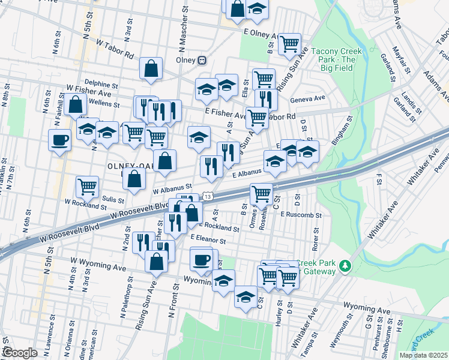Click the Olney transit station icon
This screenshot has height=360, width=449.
coord(202,60)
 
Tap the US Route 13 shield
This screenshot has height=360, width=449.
coord(207,196)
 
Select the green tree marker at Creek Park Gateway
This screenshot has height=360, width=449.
coord(345,265)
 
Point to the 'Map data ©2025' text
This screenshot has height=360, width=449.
coord(423,355)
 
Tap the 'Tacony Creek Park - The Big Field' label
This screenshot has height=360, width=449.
coord(336,59)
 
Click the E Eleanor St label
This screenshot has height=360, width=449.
coord(207,239)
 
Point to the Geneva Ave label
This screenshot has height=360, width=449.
coord(307,98)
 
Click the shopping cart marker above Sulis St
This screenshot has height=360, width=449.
coord(88,186)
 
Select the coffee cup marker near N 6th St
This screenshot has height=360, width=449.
coord(60,139)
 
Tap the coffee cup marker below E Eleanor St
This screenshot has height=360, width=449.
coord(201,259)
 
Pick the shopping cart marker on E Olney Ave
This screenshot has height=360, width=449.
coord(289,43)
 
